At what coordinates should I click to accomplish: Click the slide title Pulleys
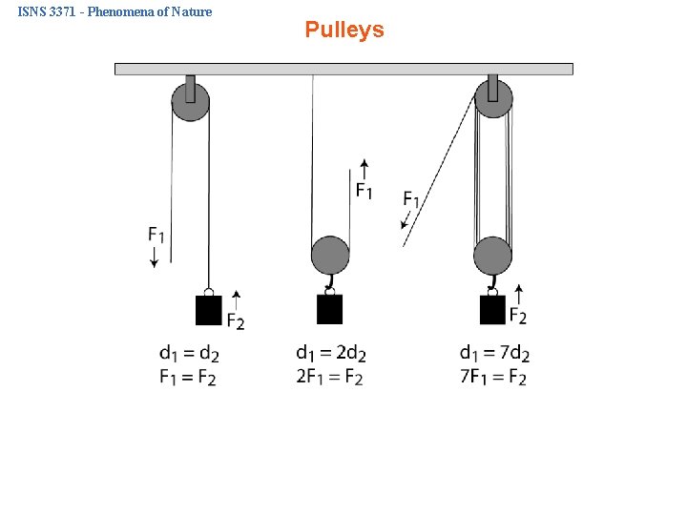pos(344,30)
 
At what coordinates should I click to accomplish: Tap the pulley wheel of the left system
pos(190,102)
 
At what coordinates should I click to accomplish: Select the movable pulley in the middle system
pos(330,256)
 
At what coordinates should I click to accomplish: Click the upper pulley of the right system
pos(493,99)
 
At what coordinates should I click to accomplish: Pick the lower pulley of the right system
pos(492,256)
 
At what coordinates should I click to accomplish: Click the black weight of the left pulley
pos(208,311)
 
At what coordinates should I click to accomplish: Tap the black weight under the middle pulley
pos(329,310)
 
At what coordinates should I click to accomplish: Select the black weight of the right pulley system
pos(492,310)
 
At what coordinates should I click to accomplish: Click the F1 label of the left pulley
pos(156,234)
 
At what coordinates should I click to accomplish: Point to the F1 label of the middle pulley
pos(364,191)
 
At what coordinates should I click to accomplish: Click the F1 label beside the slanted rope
pos(411,199)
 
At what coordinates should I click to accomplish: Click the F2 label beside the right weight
pos(518,316)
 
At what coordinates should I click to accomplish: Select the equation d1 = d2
pos(189,355)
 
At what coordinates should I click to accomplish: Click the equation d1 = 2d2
pos(330,355)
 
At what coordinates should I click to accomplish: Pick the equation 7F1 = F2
pos(492,378)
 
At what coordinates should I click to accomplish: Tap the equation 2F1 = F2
pos(329,378)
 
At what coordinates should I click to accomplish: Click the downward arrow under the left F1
pos(155,257)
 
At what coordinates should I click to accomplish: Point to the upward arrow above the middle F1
pos(363,169)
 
